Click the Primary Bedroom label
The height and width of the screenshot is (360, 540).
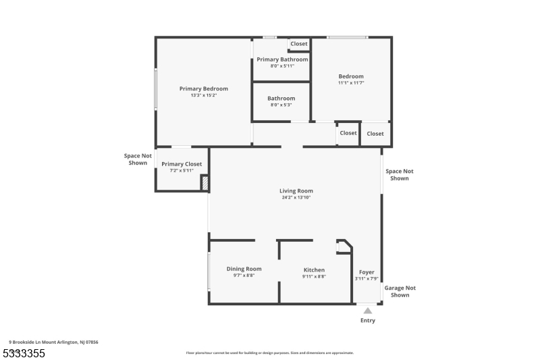pyautogui.click(x=203, y=88)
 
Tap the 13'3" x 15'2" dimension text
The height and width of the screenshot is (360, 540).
pyautogui.click(x=203, y=95)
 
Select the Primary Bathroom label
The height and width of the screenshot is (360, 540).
pyautogui.click(x=282, y=59)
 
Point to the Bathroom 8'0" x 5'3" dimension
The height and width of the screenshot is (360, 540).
pyautogui.click(x=281, y=105)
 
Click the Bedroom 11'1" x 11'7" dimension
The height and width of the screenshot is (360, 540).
pyautogui.click(x=351, y=83)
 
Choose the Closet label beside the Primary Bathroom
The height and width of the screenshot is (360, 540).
pyautogui.click(x=299, y=44)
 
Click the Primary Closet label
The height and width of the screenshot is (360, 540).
pyautogui.click(x=182, y=164)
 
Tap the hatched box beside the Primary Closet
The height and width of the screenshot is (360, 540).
pyautogui.click(x=205, y=184)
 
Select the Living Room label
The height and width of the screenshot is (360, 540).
pyautogui.click(x=296, y=190)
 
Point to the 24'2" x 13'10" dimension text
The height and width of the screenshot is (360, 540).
pyautogui.click(x=296, y=197)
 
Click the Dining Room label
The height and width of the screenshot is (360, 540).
pyautogui.click(x=244, y=269)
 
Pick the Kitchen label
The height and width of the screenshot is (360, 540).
pyautogui.click(x=314, y=270)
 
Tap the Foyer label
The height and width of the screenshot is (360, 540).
pyautogui.click(x=367, y=272)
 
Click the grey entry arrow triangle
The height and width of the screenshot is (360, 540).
pyautogui.click(x=367, y=311)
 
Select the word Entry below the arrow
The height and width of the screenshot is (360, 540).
pyautogui.click(x=367, y=320)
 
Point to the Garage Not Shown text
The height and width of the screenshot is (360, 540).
pyautogui.click(x=400, y=291)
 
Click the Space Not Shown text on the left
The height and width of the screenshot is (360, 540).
pyautogui.click(x=138, y=159)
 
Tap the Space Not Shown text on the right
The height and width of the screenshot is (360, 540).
pyautogui.click(x=400, y=175)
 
